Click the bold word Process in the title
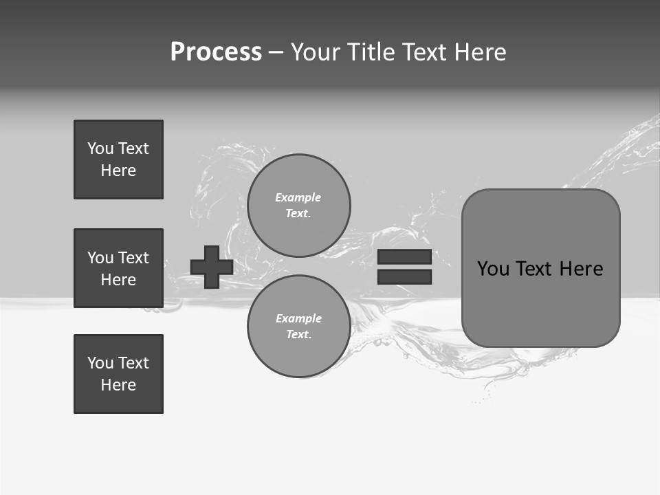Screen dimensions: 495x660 216,52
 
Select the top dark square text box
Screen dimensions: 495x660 118,159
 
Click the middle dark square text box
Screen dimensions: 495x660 118,268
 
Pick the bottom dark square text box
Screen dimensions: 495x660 118,374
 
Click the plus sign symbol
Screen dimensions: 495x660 212,267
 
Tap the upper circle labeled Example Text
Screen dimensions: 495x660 298,205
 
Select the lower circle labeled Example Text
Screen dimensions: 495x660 298,326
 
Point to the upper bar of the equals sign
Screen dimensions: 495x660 404,256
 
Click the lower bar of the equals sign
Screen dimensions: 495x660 404,276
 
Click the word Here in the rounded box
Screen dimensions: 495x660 581,269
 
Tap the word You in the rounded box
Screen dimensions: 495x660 494,269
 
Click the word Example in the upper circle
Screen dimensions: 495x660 298,198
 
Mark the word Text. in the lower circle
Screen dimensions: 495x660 298,335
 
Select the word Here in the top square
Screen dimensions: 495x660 118,170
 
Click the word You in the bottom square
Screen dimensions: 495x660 100,363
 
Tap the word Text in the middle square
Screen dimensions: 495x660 133,258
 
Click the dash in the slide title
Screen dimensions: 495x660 276,52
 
